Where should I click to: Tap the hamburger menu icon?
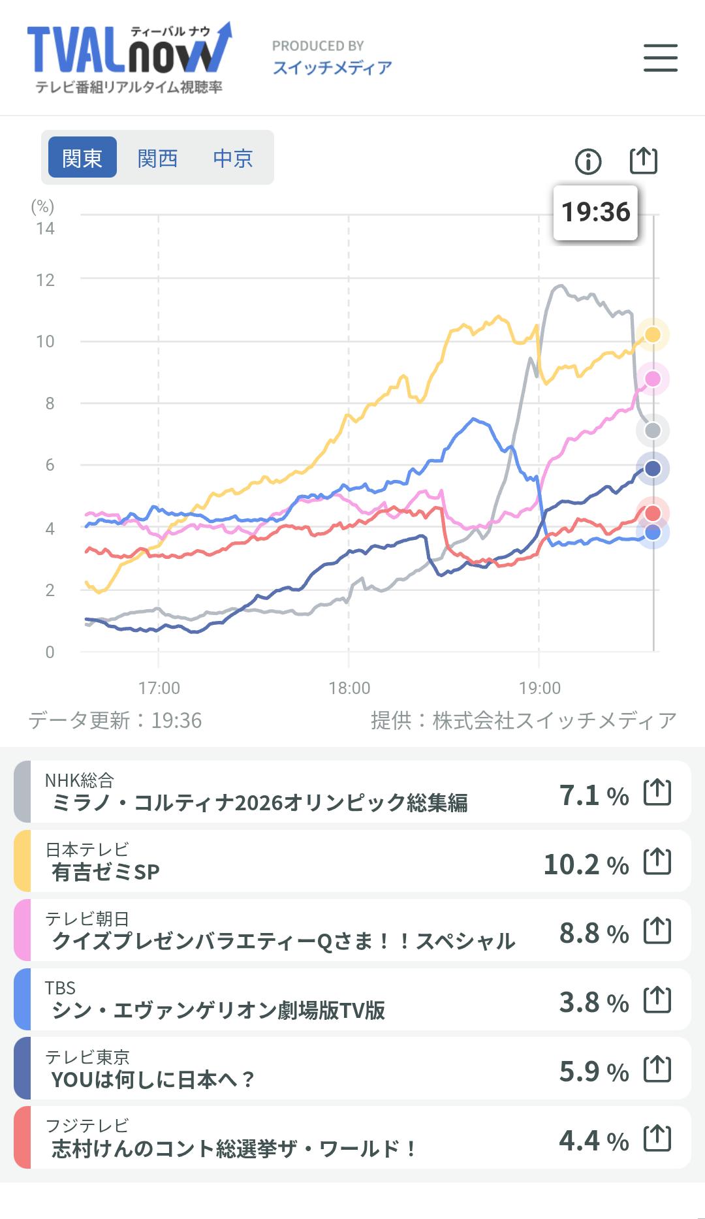coord(660,57)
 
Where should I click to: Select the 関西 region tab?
coord(157,158)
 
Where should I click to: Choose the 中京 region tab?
coord(232,158)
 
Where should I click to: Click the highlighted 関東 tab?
coord(82,158)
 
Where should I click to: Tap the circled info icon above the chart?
coord(588,161)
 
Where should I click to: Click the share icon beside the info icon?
coord(643,161)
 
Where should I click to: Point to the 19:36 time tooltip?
coord(595,212)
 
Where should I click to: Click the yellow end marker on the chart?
coord(652,335)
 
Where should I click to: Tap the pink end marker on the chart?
coord(652,379)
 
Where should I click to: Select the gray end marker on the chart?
coord(652,430)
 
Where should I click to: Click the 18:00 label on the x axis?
coord(349,688)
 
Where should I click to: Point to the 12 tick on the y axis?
coord(45,280)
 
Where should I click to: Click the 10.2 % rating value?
coord(586,864)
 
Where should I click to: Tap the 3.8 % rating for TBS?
coord(593,1002)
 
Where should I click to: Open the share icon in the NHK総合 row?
coord(657,792)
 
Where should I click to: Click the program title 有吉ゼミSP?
coord(106,872)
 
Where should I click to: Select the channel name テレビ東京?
coord(87,1056)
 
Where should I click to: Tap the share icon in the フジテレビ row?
coord(657,1138)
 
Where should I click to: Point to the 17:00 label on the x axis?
coord(159,688)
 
